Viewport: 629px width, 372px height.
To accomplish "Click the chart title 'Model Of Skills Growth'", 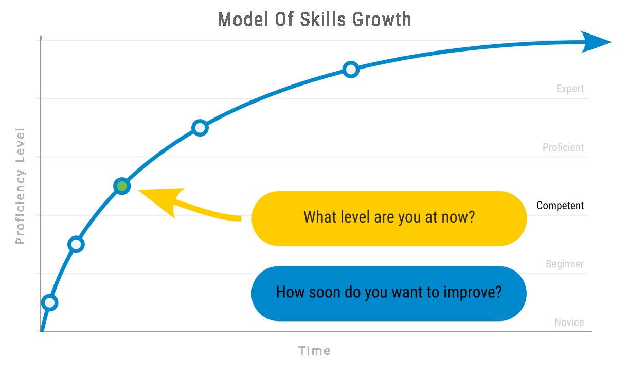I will click(314, 20).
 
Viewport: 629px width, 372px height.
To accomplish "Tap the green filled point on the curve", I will click(122, 186).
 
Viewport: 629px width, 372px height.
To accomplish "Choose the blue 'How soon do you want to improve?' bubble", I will click(389, 293).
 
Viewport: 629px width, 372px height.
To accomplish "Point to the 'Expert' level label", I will click(570, 89).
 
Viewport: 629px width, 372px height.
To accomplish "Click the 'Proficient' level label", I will click(563, 147).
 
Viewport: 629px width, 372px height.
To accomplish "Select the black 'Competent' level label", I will click(560, 206).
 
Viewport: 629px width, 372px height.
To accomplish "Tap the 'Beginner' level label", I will click(565, 264).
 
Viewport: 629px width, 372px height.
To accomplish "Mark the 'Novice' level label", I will click(569, 323).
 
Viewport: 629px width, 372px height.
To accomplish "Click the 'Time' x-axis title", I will click(314, 351).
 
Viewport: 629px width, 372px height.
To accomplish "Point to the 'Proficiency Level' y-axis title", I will click(21, 185).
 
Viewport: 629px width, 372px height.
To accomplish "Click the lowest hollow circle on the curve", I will click(49, 302).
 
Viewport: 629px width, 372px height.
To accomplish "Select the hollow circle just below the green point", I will click(76, 244).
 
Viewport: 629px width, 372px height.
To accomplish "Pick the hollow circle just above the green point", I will click(200, 128).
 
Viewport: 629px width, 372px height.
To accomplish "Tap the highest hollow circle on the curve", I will click(350, 70).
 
